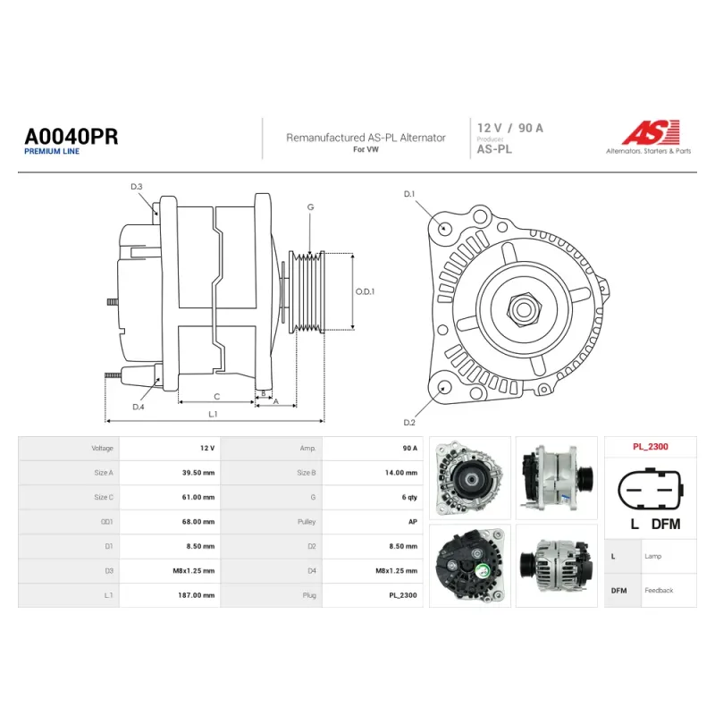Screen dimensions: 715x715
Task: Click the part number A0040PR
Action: tap(71, 137)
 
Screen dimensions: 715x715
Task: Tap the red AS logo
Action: tap(651, 132)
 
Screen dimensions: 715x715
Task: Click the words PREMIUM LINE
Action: tap(52, 151)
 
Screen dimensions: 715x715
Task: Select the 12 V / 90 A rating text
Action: tap(509, 128)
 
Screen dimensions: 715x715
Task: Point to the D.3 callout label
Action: tap(137, 187)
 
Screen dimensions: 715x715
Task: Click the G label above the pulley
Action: tap(310, 207)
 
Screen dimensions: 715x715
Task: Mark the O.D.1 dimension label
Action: tap(365, 291)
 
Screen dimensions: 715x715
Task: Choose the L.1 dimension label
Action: tap(213, 414)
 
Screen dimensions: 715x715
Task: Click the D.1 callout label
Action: tap(409, 194)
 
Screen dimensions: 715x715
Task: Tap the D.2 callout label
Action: tap(409, 423)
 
